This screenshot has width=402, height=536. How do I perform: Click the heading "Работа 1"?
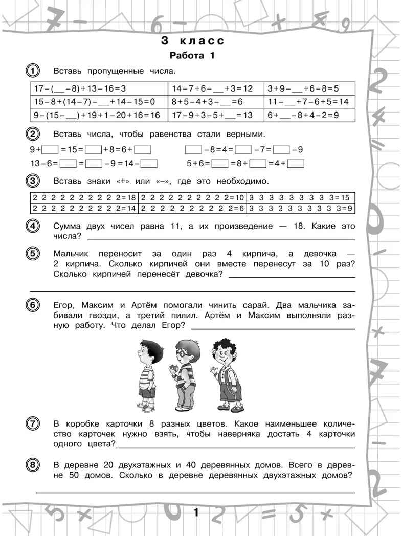192,55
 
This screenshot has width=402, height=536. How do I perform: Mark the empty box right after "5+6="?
219,164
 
